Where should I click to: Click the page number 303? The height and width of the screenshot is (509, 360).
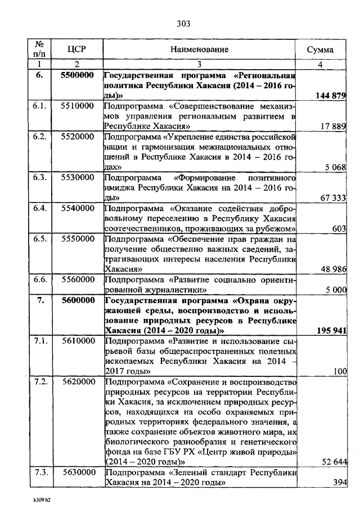point(183,23)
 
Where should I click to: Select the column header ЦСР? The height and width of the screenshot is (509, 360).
point(76,49)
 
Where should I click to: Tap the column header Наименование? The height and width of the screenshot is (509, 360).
point(201,49)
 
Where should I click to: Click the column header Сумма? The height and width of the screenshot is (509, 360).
point(319,49)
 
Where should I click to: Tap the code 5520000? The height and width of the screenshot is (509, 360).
point(77,137)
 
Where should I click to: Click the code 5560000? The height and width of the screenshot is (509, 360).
point(77,279)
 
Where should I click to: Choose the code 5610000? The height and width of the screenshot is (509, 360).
point(77,340)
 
